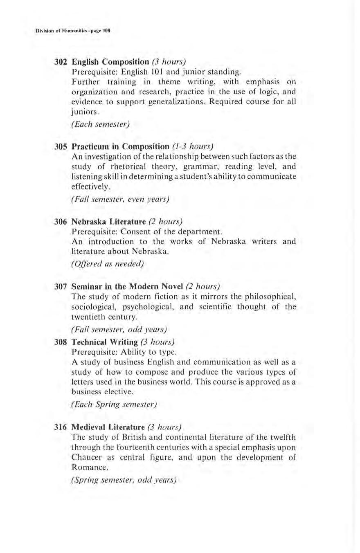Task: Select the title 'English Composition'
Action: click(x=110, y=63)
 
